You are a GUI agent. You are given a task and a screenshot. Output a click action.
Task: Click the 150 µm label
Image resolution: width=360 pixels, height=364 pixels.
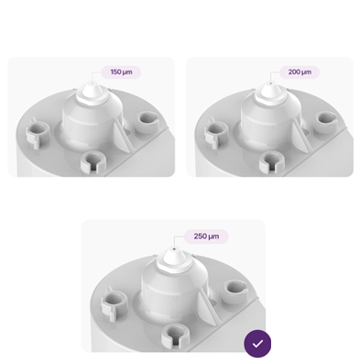(x=121, y=72)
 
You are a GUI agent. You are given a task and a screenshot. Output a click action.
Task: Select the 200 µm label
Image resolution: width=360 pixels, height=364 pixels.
(x=300, y=72)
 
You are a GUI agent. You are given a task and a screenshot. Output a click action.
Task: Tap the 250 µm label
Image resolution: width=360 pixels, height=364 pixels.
(x=206, y=237)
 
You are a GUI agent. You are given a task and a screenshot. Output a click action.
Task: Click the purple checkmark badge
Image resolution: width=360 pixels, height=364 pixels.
(x=257, y=344)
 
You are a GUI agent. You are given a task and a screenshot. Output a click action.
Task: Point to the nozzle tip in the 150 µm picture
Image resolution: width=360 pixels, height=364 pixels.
(x=93, y=83)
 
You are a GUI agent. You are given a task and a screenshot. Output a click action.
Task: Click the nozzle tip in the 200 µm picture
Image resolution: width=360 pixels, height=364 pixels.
(x=271, y=83)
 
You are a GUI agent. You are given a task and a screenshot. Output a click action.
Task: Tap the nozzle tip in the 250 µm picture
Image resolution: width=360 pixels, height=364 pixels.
(x=174, y=248)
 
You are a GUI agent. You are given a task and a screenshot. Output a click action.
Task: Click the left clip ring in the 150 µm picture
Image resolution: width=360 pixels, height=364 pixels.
(x=38, y=133)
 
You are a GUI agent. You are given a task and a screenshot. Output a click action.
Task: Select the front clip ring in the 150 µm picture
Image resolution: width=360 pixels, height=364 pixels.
(x=93, y=161)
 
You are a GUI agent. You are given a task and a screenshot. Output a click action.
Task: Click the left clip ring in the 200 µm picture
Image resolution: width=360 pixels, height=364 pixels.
(x=216, y=133)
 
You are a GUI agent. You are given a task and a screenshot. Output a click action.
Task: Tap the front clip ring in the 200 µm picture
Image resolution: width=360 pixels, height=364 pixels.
(x=272, y=161)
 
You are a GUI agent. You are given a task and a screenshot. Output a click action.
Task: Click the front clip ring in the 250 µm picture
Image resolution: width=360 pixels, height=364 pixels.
(x=175, y=336)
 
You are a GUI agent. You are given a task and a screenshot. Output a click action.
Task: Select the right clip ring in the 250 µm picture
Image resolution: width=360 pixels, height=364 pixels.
(x=235, y=292)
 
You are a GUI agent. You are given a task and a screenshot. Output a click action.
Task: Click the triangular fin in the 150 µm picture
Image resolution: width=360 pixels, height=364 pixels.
(x=122, y=137)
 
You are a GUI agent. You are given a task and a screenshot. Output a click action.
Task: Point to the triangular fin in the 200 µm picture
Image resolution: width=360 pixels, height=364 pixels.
(x=300, y=137)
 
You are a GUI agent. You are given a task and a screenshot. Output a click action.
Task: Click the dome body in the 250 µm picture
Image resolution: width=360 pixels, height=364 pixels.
(x=174, y=287)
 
